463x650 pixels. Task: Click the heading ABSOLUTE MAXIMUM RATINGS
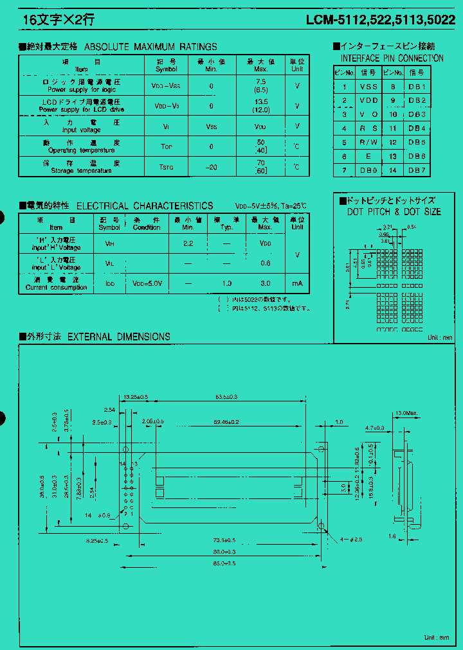pyautogui.click(x=150, y=47)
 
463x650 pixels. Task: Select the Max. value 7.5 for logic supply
pyautogui.click(x=260, y=82)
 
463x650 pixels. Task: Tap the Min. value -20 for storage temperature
pyautogui.click(x=211, y=167)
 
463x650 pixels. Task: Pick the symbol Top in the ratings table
pyautogui.click(x=167, y=146)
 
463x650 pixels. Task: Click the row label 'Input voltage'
pyautogui.click(x=82, y=130)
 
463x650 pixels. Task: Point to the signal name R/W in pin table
pyautogui.click(x=368, y=143)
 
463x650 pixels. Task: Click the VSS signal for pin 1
pyautogui.click(x=368, y=87)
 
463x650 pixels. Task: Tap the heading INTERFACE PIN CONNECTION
pyautogui.click(x=392, y=58)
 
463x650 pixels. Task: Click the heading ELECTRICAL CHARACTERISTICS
pyautogui.click(x=145, y=206)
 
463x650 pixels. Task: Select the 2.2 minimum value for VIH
pyautogui.click(x=188, y=243)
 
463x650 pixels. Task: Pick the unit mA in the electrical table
pyautogui.click(x=296, y=284)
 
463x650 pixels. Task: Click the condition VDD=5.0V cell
pyautogui.click(x=147, y=284)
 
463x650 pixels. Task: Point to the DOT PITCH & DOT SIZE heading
pyautogui.click(x=394, y=212)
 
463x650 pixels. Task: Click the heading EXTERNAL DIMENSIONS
pyautogui.click(x=118, y=337)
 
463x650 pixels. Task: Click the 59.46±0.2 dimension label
pyautogui.click(x=226, y=422)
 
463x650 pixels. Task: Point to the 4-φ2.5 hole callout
pyautogui.click(x=352, y=539)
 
